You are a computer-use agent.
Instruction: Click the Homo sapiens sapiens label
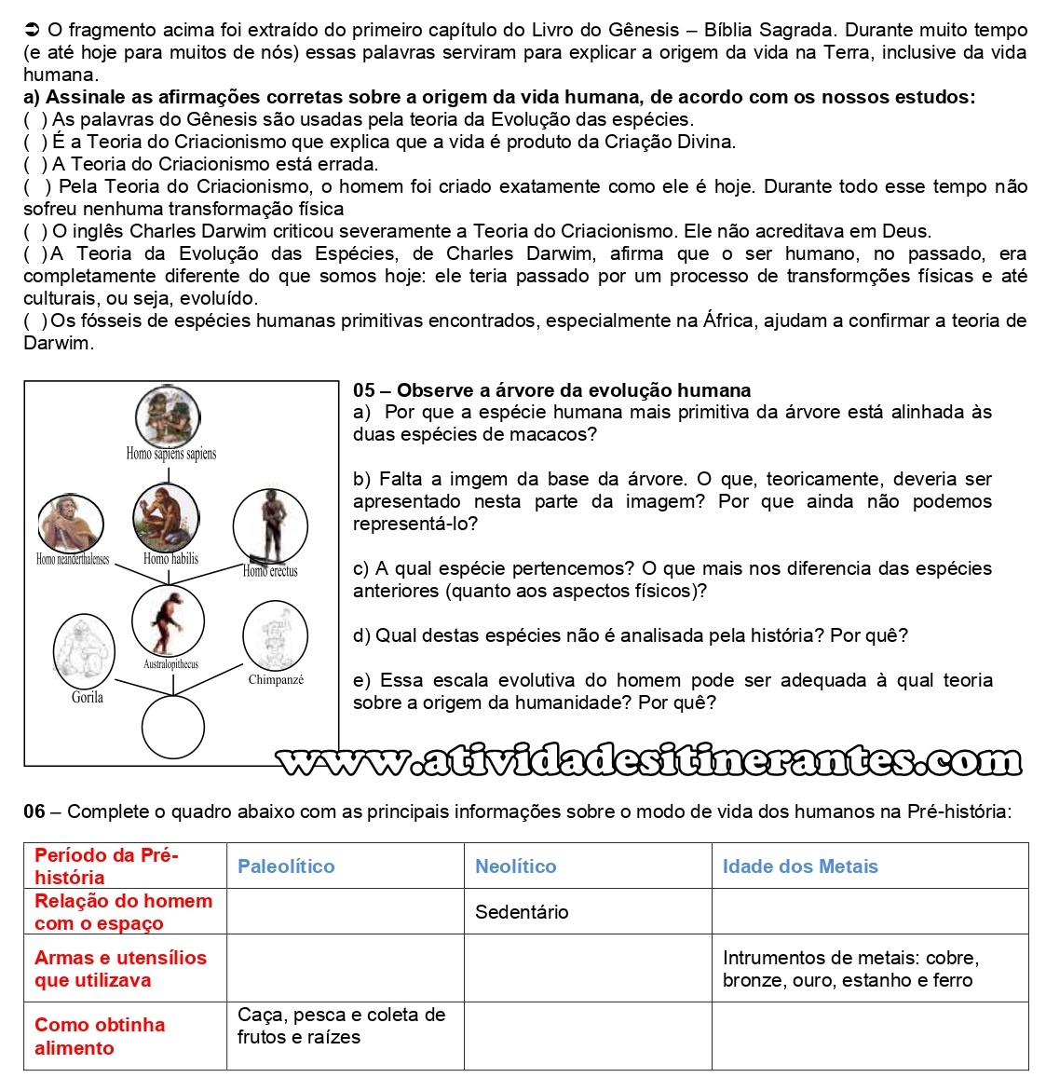[171, 454]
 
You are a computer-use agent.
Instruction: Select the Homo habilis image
[166, 517]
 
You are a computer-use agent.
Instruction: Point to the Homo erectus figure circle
[270, 526]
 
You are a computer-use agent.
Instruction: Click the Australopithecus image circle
[169, 621]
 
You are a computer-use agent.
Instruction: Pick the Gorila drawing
[84, 649]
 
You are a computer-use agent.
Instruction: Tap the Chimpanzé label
[276, 680]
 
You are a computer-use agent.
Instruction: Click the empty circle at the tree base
[173, 727]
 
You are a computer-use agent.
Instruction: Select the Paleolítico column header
[286, 866]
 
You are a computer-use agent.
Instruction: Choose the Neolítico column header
[515, 866]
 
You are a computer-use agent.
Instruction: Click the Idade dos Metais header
[800, 866]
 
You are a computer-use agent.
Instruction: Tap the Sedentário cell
[522, 912]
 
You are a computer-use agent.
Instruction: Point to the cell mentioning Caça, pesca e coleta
[341, 1026]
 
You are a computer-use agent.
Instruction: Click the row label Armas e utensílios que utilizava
[120, 969]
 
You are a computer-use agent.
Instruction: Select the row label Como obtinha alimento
[100, 1036]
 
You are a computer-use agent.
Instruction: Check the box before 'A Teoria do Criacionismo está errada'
[36, 164]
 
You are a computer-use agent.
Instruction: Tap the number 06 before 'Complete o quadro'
[34, 811]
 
